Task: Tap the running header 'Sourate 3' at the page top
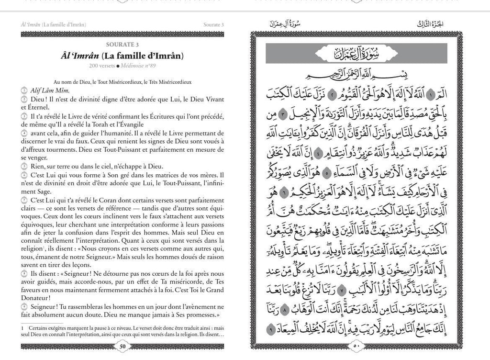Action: pos(213,24)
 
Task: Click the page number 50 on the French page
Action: pos(123,346)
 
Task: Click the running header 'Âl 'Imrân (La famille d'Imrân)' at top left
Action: pos(57,24)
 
